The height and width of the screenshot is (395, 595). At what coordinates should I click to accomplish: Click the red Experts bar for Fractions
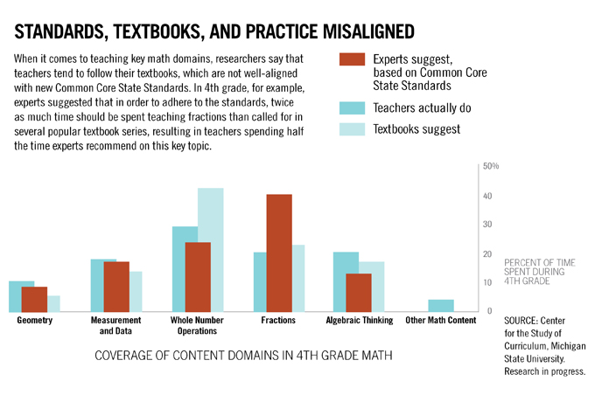coord(279,253)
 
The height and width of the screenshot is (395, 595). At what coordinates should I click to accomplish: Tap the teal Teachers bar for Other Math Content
coord(441,306)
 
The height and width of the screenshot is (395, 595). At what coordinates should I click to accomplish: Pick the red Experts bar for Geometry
coord(35,299)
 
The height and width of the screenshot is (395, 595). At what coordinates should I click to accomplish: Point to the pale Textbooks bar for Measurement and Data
coord(136,292)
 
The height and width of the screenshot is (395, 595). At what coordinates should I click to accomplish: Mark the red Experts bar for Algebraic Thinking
coord(359,293)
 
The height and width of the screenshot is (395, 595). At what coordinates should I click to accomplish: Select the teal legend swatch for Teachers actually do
coord(351,107)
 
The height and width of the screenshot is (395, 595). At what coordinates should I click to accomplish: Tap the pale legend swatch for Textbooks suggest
coord(351,129)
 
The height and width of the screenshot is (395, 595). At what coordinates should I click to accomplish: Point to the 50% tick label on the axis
coord(490,166)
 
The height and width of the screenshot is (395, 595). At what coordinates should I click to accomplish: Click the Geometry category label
coord(35,321)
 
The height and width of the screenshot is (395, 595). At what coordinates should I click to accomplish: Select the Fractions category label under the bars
coord(278,321)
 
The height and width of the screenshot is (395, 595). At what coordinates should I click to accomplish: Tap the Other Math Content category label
coord(441,321)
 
